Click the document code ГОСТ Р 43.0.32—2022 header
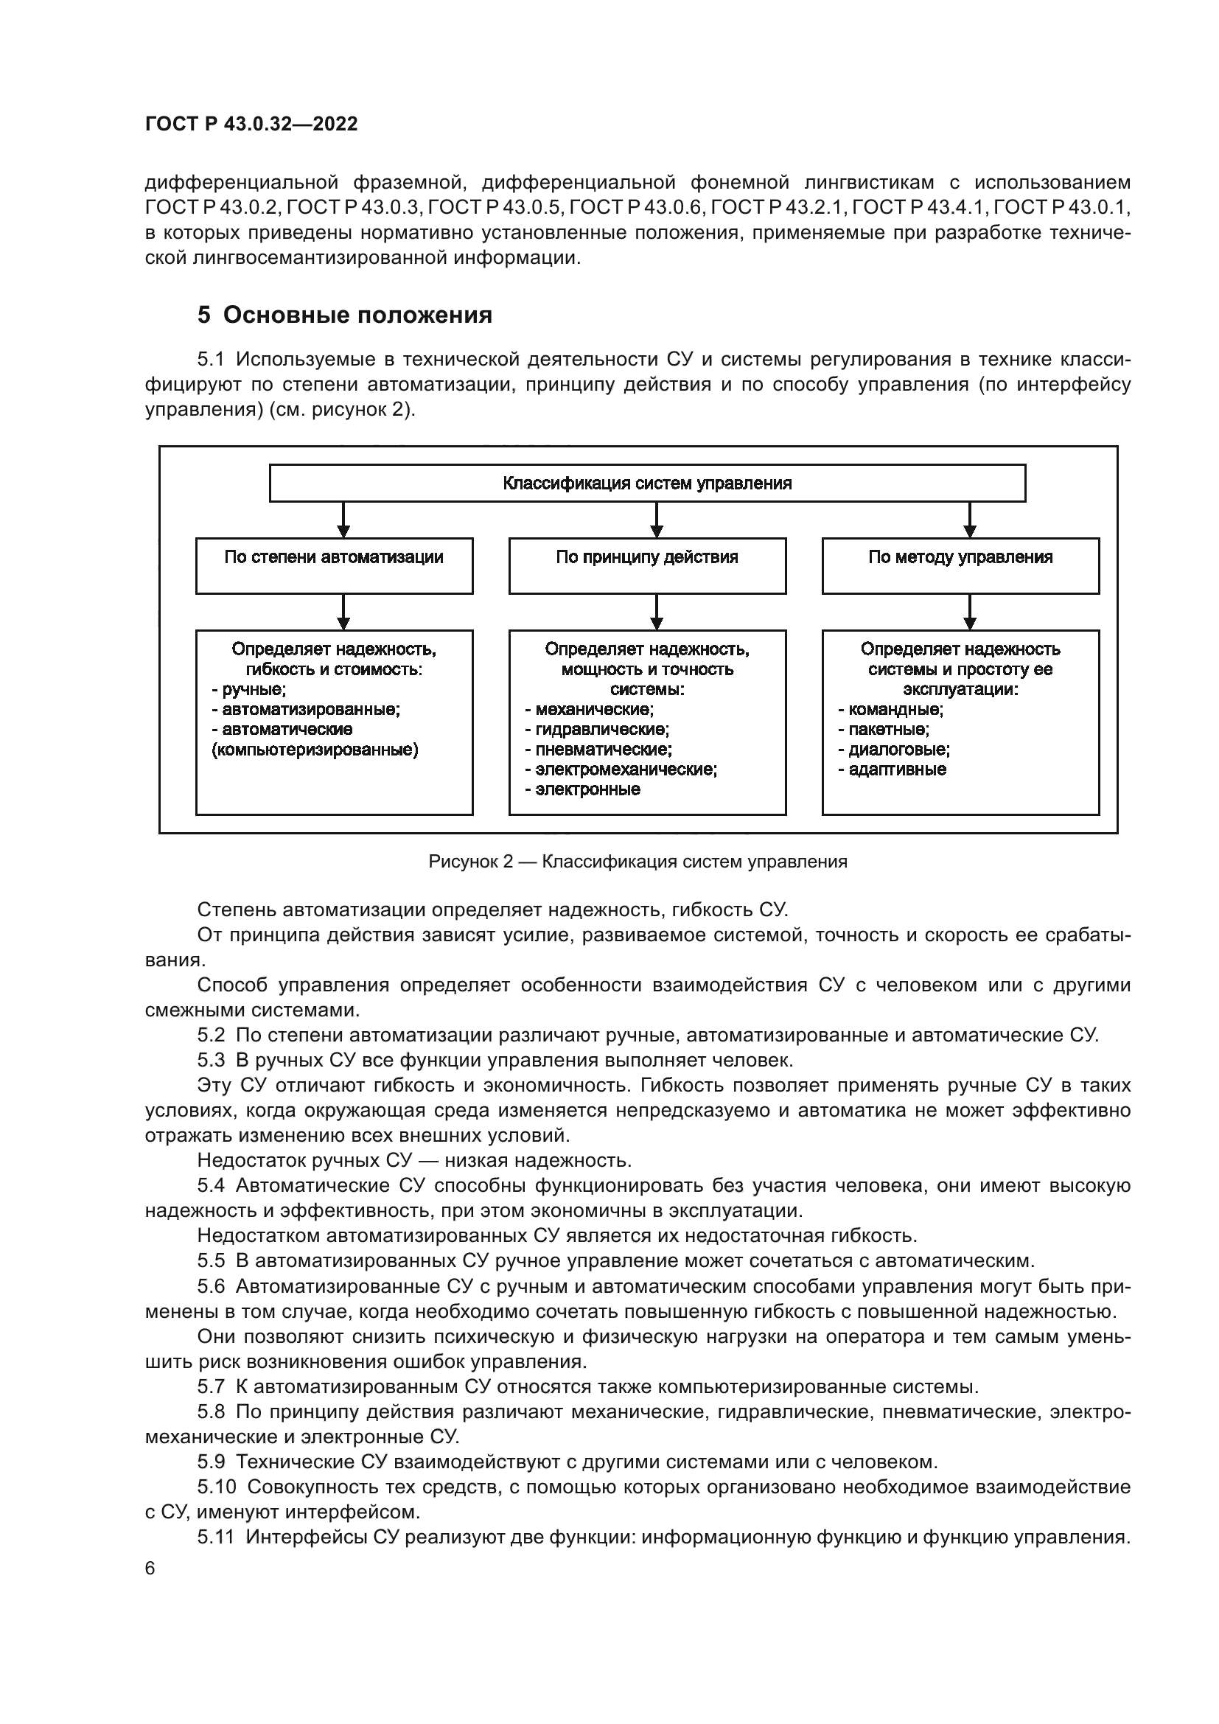click(x=251, y=124)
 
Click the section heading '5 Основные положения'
click(x=344, y=315)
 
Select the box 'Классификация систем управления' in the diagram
click(x=647, y=483)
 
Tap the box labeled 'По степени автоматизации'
click(x=334, y=565)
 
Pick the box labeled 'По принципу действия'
click(x=647, y=565)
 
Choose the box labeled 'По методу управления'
click(x=960, y=565)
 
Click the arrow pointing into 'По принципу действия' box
click(x=657, y=520)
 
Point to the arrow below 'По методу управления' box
click(x=970, y=611)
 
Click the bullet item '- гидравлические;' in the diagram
click(x=597, y=729)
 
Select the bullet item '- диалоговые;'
click(x=894, y=750)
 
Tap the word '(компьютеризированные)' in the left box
click(x=315, y=750)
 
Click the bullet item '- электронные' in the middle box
click(x=582, y=789)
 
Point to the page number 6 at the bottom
click(x=150, y=1568)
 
